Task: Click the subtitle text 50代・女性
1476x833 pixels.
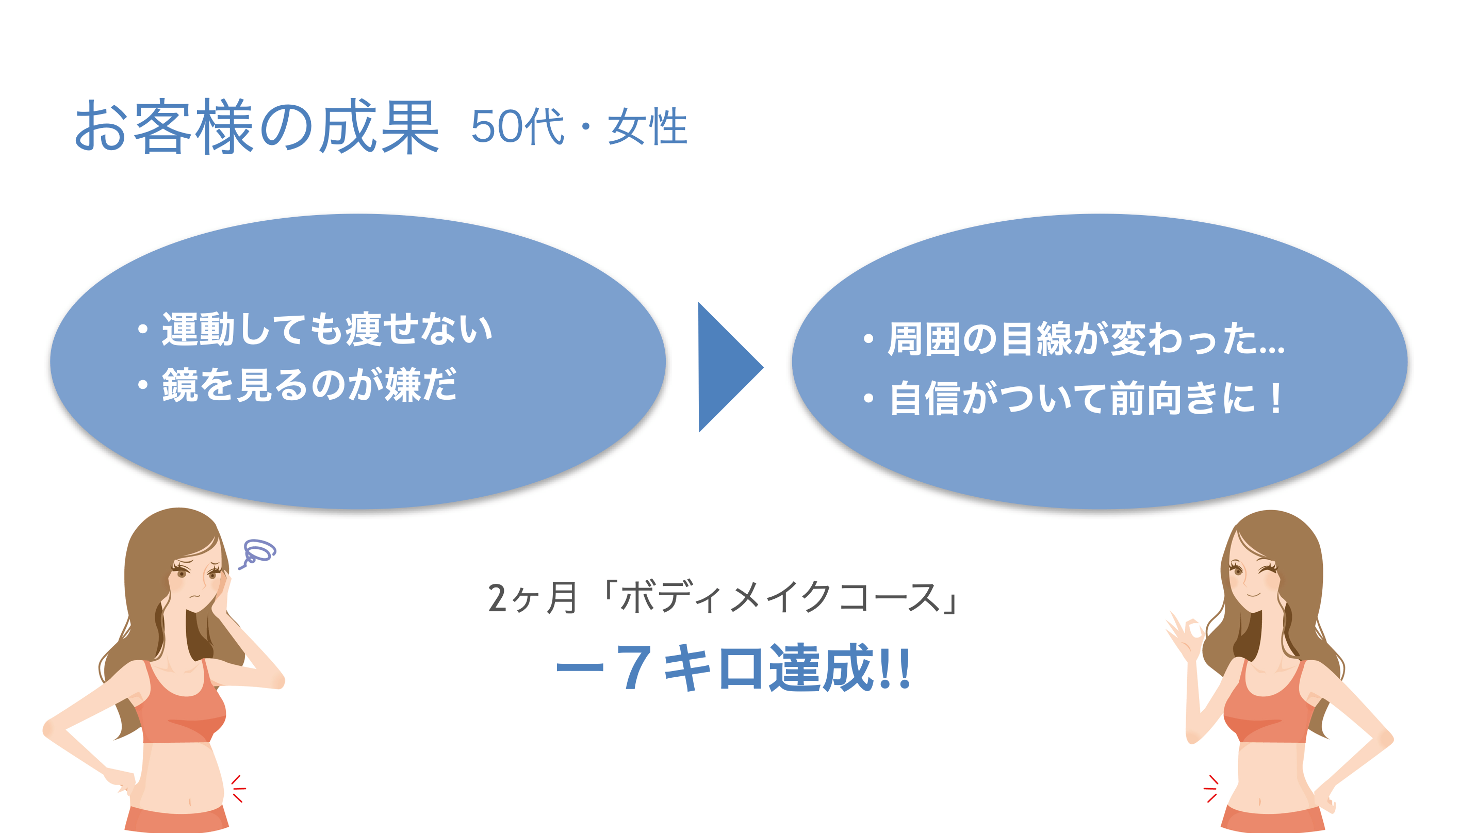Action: (579, 126)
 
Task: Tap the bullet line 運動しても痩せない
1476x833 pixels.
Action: (315, 330)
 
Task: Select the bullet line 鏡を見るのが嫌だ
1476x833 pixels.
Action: (297, 384)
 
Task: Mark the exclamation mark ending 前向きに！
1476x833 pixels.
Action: (1275, 398)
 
